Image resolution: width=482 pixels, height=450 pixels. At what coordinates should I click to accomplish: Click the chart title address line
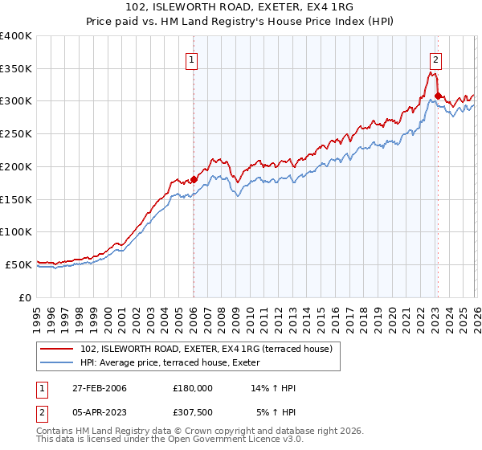(x=240, y=7)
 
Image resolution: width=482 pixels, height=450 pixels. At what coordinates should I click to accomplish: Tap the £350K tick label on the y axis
(x=16, y=69)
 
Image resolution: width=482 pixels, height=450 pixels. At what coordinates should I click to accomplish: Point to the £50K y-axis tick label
(x=18, y=264)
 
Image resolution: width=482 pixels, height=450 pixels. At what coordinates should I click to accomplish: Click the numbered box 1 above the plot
(x=193, y=59)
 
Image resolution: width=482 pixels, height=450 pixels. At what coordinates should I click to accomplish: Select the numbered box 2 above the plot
(x=435, y=59)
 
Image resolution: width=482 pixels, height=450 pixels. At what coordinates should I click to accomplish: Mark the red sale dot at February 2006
(x=194, y=180)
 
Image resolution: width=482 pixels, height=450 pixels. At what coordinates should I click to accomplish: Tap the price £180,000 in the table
(x=193, y=389)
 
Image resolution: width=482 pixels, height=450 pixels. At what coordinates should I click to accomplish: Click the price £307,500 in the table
(x=193, y=413)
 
